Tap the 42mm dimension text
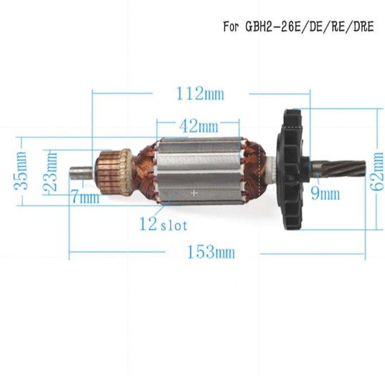coord(199,127)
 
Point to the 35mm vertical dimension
coord(22,170)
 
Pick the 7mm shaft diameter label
coord(85,198)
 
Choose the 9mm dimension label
coord(325,193)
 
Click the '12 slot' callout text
coord(164,224)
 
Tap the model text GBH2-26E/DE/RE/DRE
coord(313,28)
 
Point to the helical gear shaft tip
coord(349,170)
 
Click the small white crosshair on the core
coord(194,193)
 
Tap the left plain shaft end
coord(80,172)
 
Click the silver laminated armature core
coord(197,168)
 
